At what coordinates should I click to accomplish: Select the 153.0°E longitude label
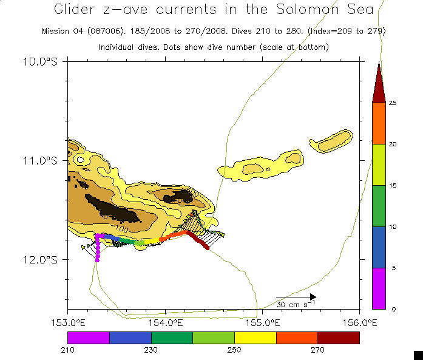[x=68, y=321]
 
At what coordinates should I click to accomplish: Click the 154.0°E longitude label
[x=165, y=321]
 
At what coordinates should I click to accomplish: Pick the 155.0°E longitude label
[x=263, y=321]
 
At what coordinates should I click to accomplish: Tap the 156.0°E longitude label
[x=359, y=321]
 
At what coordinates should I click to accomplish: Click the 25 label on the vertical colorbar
[x=393, y=103]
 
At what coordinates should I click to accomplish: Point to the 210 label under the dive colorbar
[x=68, y=350]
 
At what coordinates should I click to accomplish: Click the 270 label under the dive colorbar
[x=318, y=350]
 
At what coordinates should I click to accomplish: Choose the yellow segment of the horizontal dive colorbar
[x=255, y=338]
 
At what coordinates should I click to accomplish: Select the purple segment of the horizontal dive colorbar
[x=89, y=338]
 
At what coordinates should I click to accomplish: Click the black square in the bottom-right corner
[x=418, y=355]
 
